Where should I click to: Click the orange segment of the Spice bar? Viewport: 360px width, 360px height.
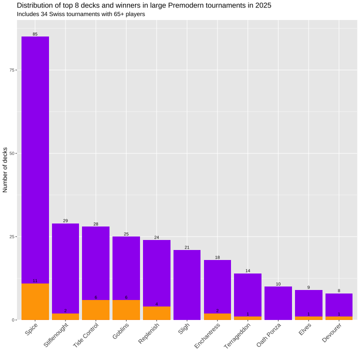tap(35, 301)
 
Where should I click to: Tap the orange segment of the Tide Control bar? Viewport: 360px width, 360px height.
tap(95, 310)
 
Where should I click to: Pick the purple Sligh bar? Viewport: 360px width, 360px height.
tap(187, 285)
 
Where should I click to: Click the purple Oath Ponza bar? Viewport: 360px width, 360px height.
tap(278, 303)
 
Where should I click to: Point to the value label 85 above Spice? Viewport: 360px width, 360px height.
tap(35, 34)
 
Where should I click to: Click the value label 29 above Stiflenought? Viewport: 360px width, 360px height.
tap(65, 220)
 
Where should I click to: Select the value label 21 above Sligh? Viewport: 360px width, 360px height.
tap(187, 247)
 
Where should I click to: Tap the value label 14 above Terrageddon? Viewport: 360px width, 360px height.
tap(247, 270)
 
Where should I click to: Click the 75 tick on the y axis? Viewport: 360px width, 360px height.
tap(11, 70)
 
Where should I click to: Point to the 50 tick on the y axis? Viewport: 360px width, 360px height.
tap(11, 153)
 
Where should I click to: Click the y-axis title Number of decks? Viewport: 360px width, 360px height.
tap(5, 170)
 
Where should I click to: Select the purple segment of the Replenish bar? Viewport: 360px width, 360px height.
tap(156, 273)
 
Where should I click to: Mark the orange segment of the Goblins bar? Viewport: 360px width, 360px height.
tap(126, 310)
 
